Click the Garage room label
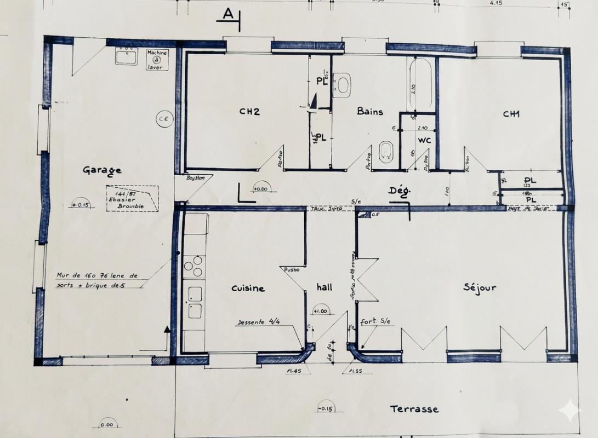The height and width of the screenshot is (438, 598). click(102, 170)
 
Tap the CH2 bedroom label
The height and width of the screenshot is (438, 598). click(249, 112)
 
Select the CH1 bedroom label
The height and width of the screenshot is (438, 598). click(511, 114)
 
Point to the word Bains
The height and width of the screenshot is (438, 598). click(370, 111)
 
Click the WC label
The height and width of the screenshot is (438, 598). click(425, 140)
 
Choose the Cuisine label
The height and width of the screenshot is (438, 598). click(248, 288)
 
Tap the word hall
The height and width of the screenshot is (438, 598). click(324, 287)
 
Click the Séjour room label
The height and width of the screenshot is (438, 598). click(480, 287)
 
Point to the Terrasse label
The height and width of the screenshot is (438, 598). click(414, 408)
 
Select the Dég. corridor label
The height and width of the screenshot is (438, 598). click(400, 191)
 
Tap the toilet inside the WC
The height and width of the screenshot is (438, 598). click(386, 151)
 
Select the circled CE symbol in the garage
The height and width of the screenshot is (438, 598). click(163, 118)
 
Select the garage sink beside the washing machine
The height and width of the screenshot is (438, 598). click(126, 56)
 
